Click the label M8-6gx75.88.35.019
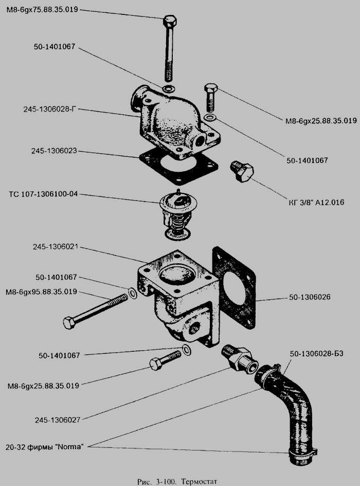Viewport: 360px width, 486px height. pos(42,9)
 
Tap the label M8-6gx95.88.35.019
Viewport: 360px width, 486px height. pos(41,292)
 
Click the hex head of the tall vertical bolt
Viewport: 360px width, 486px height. pos(170,22)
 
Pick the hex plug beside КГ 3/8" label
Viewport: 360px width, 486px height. pos(242,171)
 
